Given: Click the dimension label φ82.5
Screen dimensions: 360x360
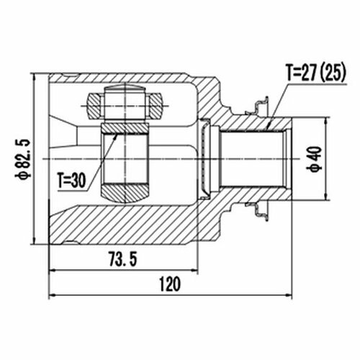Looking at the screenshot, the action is click(23, 158).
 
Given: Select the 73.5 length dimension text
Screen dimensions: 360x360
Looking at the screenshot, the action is click(123, 258).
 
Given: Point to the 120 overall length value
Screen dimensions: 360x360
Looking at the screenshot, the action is click(170, 284).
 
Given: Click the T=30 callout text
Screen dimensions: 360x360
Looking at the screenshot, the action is click(71, 181).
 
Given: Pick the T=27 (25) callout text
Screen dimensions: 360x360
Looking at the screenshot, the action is click(316, 73).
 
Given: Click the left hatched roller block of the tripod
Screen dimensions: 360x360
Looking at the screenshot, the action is click(95, 106).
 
